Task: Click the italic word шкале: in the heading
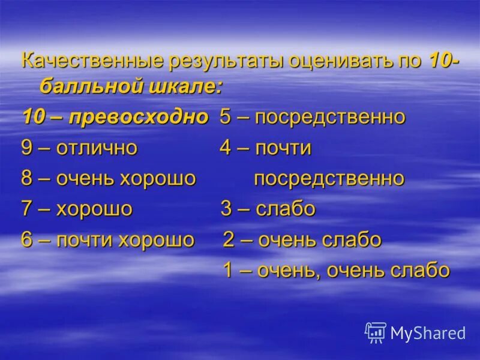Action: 188,86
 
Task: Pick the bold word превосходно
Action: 139,117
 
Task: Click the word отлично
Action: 97,148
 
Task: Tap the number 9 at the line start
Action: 27,148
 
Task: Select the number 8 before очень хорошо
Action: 27,179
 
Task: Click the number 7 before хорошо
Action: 27,209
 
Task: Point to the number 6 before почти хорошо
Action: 27,240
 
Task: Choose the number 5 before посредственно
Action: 226,117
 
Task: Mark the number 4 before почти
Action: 226,148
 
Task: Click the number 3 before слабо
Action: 226,209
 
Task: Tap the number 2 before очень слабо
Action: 229,240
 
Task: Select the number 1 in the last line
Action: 228,270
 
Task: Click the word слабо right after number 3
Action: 285,209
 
